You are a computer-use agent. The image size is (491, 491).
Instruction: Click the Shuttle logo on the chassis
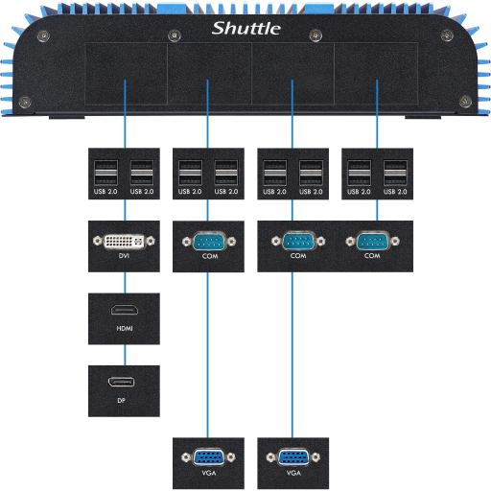coord(246,29)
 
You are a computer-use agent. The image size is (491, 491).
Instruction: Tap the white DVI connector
coord(124,241)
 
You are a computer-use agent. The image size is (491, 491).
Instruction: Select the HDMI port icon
coord(125,310)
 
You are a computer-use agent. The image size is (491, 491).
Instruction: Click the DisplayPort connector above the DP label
coord(121,382)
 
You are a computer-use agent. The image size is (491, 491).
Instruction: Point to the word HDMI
coord(125,328)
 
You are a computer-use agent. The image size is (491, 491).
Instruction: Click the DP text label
coord(121,400)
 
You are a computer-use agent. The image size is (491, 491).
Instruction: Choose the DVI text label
coord(124,256)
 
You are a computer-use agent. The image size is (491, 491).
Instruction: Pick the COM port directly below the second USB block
coord(209,242)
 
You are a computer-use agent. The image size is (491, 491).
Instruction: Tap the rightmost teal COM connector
coord(372,241)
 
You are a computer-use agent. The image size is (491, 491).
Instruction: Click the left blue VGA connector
coord(208,457)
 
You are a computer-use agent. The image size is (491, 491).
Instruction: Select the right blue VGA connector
coord(293,457)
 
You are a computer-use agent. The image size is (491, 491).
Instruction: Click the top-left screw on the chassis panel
coord(43,35)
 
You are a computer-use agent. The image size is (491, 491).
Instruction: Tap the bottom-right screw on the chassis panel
coord(465,102)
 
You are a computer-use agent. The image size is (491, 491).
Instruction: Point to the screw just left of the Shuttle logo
coord(175,35)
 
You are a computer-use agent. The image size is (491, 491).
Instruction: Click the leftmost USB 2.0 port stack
coord(105,173)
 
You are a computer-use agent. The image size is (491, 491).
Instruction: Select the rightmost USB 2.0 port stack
coord(395,173)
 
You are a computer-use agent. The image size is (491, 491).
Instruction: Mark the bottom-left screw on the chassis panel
coord(25,102)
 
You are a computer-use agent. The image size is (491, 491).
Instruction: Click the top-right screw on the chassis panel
coord(447,35)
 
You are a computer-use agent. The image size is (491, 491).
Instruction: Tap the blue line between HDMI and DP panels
coord(125,355)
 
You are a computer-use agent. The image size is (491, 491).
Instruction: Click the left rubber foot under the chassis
coord(66,118)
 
